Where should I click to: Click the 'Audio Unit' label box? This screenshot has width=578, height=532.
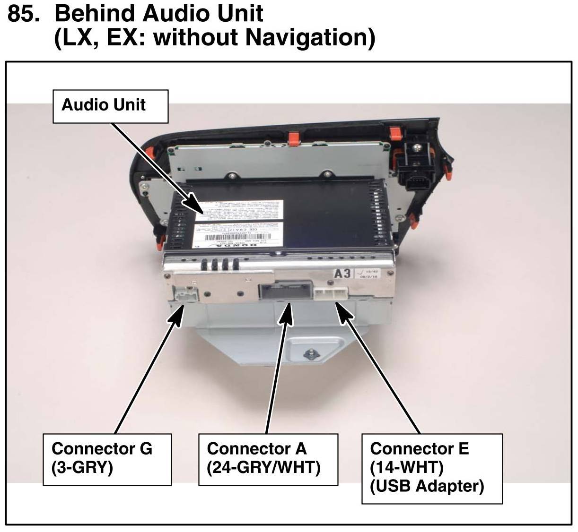tap(110, 106)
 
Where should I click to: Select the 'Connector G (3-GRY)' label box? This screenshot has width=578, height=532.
tap(107, 459)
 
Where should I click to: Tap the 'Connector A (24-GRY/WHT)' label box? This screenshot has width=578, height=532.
tap(268, 459)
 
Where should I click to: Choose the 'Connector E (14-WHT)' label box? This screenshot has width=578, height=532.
tap(431, 468)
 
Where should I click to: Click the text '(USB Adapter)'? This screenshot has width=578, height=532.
tap(427, 486)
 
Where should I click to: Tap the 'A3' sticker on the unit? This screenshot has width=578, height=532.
tap(343, 273)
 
